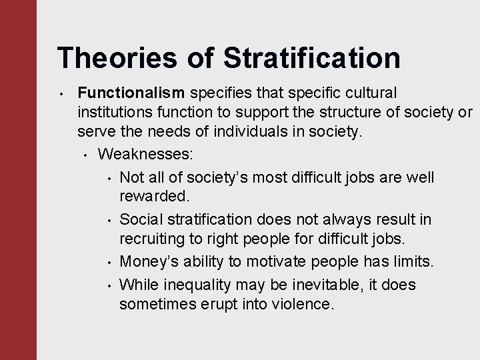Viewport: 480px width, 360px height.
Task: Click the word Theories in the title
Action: pos(118,58)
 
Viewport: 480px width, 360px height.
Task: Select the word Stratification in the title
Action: pos(312,58)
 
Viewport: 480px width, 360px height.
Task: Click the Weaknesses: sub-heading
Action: pos(145,155)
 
